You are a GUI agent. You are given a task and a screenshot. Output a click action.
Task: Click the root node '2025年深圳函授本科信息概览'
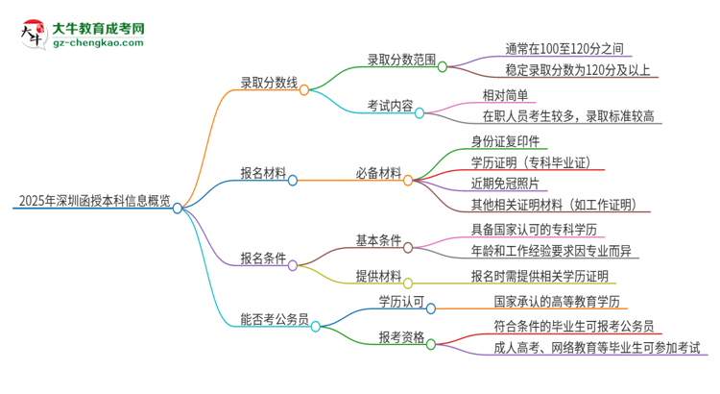(94, 202)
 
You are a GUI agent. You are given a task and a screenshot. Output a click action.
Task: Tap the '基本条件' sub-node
(378, 240)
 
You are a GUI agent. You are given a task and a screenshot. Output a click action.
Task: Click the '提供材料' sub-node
(378, 277)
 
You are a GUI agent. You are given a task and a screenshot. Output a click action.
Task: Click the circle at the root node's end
(178, 207)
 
